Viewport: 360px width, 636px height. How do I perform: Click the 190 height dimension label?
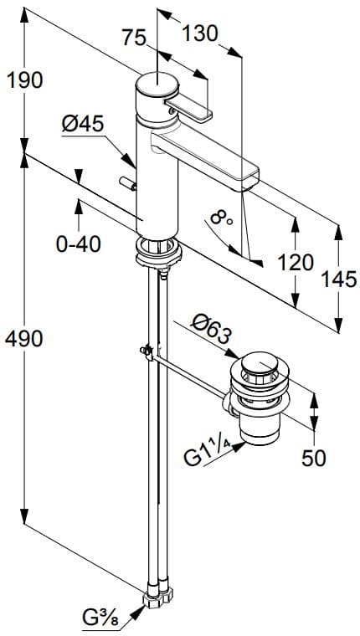(x=24, y=80)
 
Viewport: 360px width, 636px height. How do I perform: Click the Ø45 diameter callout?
(x=81, y=124)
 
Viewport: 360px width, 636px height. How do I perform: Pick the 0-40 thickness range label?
(x=77, y=244)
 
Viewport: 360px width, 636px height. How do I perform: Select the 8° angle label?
(x=221, y=219)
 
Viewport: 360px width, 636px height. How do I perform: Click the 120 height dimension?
(x=295, y=261)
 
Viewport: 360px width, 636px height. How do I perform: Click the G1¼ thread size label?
(x=208, y=456)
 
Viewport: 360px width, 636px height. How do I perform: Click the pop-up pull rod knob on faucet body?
(x=127, y=184)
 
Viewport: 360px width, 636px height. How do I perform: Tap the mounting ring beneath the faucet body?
(x=157, y=249)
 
